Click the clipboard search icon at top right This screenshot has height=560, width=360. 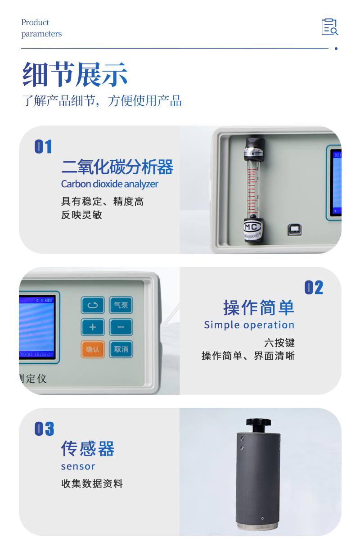pos(329,27)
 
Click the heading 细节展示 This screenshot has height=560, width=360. pos(75,74)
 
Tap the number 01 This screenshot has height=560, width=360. pos(44,147)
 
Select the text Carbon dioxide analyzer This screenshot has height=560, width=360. pos(109,184)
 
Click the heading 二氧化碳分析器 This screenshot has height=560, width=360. pos(117,167)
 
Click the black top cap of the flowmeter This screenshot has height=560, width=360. pos(254,147)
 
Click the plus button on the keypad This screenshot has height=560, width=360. pos(93,327)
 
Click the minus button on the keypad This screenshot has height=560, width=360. pos(121,327)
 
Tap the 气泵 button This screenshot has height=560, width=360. pos(121,305)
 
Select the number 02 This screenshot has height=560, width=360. pos(314,288)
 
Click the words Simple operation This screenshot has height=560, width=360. pos(249,325)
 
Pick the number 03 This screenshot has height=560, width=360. pos(44,429)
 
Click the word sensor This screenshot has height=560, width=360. pos(78,466)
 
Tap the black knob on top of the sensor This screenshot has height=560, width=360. pos(259,423)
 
